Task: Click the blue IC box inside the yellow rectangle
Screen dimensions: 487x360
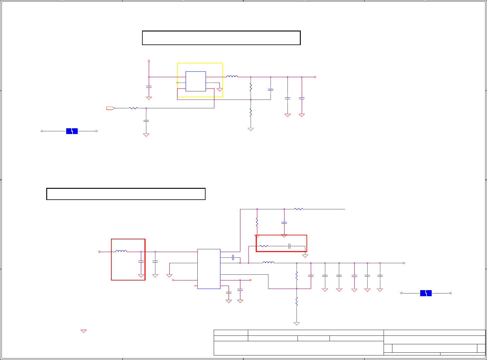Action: (x=196, y=81)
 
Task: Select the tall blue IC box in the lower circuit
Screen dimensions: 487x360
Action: (x=209, y=269)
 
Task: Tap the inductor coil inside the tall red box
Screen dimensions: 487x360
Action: (x=121, y=251)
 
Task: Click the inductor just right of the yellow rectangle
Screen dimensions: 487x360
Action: (x=232, y=77)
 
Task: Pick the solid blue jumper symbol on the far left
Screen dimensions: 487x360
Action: (x=72, y=131)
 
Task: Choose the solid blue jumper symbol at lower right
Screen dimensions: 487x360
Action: (x=426, y=293)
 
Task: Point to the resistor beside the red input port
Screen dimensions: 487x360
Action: (x=133, y=108)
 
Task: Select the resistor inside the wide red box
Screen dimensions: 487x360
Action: (x=264, y=246)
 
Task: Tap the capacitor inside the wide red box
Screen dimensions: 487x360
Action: (x=289, y=246)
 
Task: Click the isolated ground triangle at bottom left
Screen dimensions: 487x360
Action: (x=83, y=331)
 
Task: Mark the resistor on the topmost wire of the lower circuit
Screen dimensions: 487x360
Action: (x=298, y=209)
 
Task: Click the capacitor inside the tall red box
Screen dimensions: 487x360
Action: (x=141, y=261)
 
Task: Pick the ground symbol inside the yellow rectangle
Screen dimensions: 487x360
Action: (x=220, y=90)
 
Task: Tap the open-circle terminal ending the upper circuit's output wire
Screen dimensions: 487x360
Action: (x=315, y=77)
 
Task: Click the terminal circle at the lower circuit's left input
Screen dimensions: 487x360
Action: (x=99, y=252)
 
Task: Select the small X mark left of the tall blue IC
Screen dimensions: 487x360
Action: (x=195, y=286)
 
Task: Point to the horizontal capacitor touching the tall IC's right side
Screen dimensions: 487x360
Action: (x=233, y=257)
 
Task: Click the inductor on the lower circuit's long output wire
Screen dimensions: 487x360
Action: (x=268, y=262)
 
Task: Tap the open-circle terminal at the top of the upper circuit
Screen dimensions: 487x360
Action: (x=149, y=61)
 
